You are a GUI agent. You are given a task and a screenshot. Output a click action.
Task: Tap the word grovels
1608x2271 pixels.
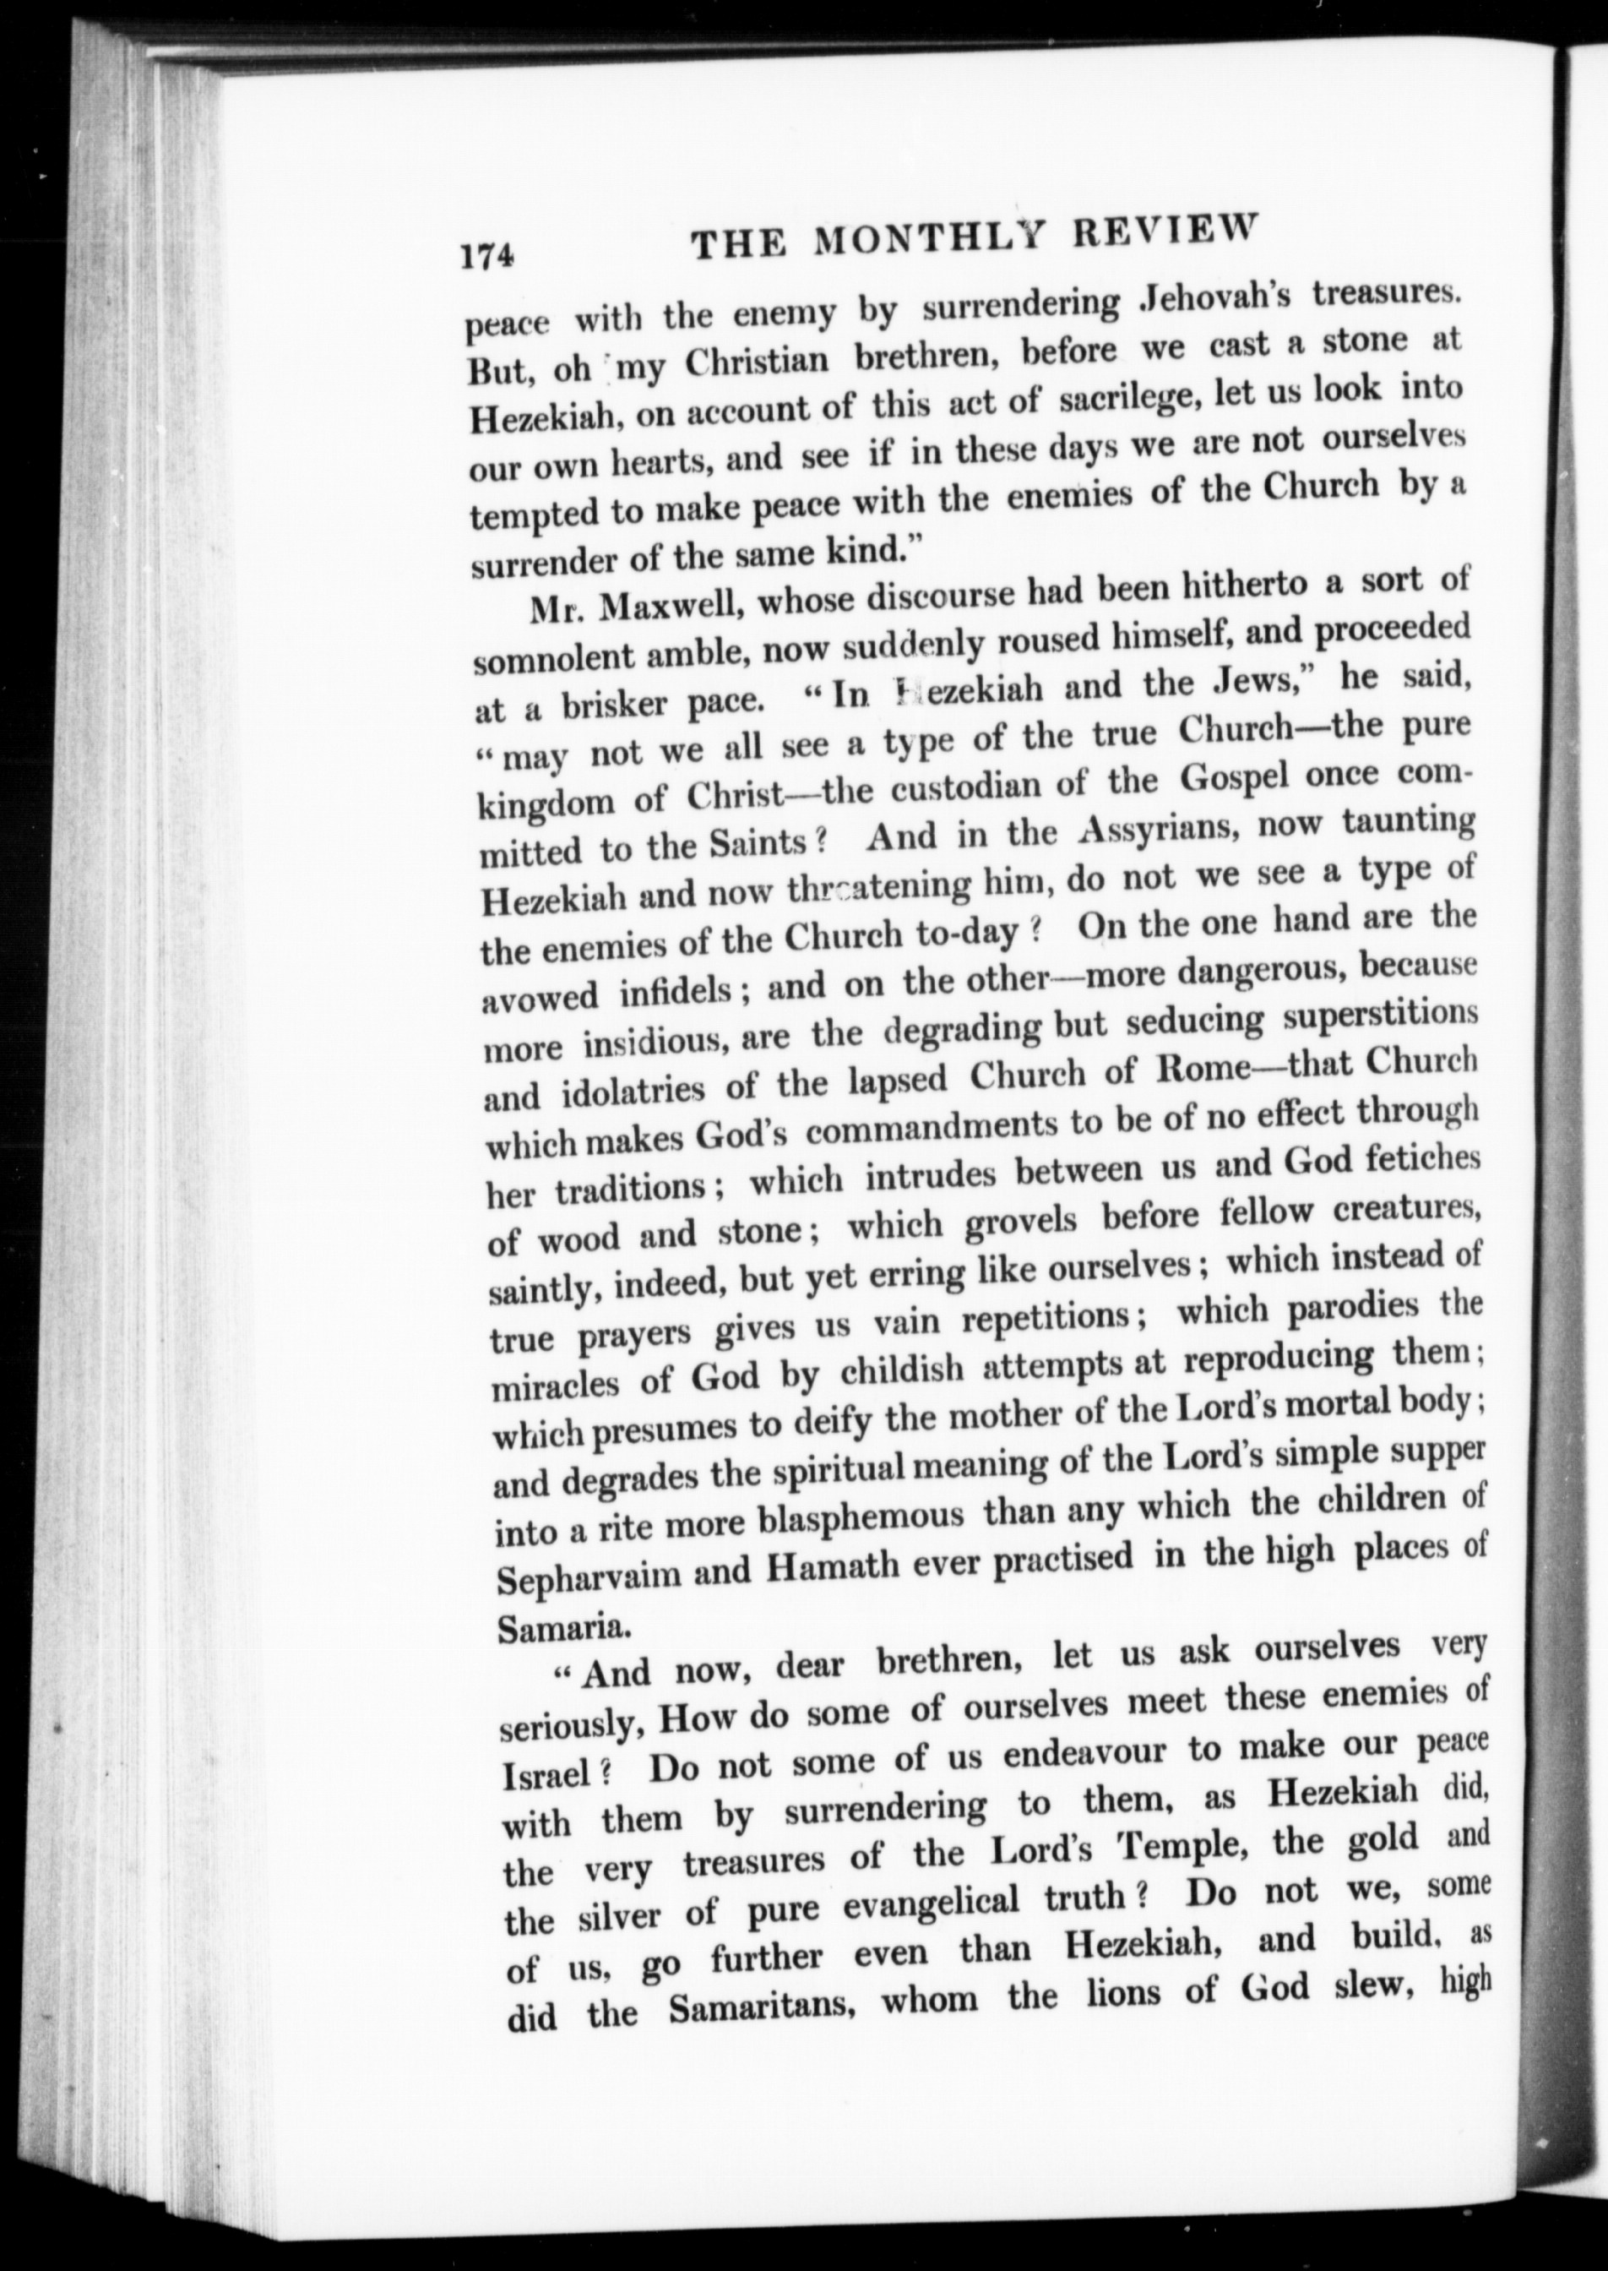tap(1020, 1220)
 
